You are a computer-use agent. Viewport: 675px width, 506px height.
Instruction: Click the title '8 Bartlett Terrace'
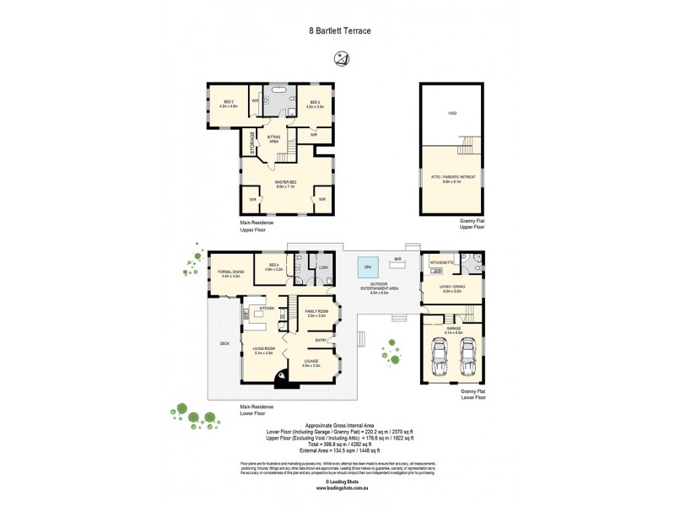coord(337,30)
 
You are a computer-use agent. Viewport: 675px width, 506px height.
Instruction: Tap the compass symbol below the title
coord(340,58)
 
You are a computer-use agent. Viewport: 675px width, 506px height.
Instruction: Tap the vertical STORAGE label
coord(252,142)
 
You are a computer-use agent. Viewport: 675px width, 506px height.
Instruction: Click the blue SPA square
coord(367,266)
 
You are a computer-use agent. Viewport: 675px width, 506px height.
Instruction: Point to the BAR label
coord(397,259)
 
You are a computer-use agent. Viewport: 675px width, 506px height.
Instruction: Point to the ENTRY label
coord(321,340)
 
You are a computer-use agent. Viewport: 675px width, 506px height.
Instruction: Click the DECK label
coord(224,343)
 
